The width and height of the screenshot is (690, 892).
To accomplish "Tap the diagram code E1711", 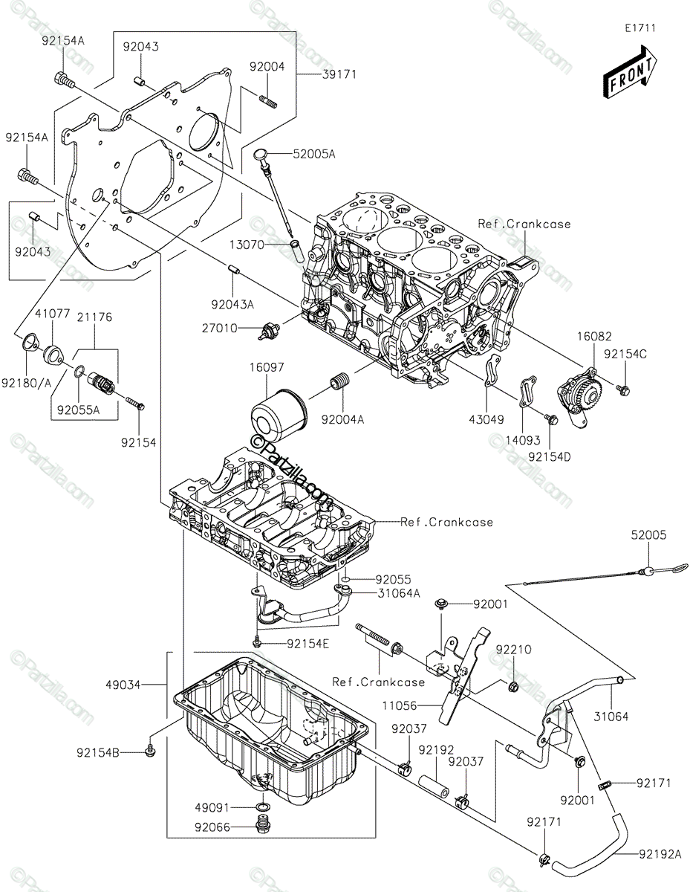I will click(639, 28).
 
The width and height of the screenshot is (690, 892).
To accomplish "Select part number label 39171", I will click(339, 74).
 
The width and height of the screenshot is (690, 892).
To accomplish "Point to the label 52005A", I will click(314, 154).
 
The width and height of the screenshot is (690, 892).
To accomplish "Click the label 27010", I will click(222, 328).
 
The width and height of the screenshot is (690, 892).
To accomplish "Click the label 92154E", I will click(305, 643).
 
